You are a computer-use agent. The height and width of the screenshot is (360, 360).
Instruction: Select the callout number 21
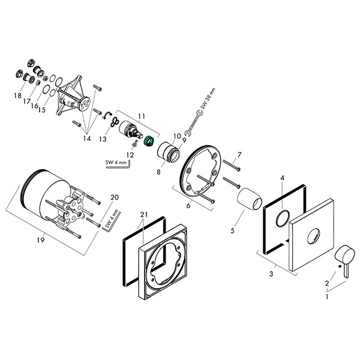click(143, 215)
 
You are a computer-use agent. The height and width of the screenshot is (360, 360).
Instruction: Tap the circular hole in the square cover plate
click(311, 236)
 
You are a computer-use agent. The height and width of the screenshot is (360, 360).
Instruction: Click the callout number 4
click(282, 178)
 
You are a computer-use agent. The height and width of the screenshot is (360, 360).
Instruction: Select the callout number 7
click(239, 155)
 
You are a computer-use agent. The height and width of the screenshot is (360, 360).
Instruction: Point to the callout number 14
click(87, 139)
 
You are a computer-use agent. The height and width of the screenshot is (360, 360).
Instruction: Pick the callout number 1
click(326, 295)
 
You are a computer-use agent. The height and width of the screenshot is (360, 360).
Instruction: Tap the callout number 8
click(159, 172)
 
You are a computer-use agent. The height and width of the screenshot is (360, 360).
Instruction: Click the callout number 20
click(115, 197)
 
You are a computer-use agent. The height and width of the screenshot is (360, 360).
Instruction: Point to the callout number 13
click(103, 139)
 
